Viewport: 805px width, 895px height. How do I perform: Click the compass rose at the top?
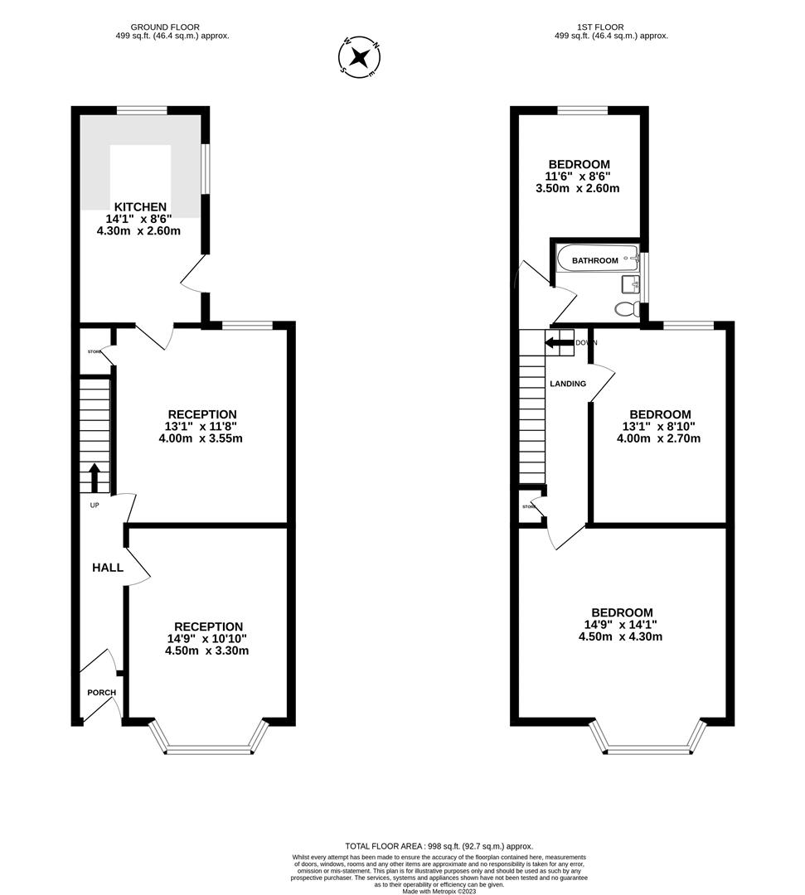coord(359,57)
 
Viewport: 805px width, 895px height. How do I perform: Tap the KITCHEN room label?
coord(140,206)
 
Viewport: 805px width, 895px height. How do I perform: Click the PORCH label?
coord(102,693)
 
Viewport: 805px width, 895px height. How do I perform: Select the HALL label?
coord(108,568)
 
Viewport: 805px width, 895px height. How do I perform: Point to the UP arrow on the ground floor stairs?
coord(94,477)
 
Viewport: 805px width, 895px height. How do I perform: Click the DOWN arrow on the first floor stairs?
coord(560,342)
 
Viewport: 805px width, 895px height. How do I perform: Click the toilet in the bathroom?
coord(626,309)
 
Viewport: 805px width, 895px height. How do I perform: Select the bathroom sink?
coord(629,285)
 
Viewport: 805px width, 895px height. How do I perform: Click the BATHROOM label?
coord(594,260)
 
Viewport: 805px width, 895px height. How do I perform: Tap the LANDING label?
coord(568,384)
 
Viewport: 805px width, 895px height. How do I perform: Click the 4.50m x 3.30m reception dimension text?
coord(206,651)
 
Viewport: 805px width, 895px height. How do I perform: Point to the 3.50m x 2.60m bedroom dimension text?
coord(578,188)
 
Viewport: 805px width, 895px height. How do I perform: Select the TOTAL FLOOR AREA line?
coord(439,845)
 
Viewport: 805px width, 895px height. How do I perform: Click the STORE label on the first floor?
coord(528,506)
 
